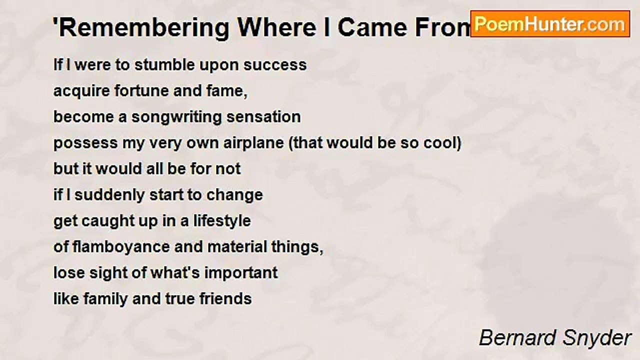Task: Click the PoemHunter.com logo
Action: [550, 24]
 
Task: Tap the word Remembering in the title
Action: [143, 28]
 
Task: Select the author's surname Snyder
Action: [597, 338]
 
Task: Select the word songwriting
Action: [176, 117]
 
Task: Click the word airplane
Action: [253, 143]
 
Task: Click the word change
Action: [234, 195]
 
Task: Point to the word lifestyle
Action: [222, 221]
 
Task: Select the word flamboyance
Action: [121, 247]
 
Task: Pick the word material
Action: [237, 247]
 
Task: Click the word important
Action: [241, 273]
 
